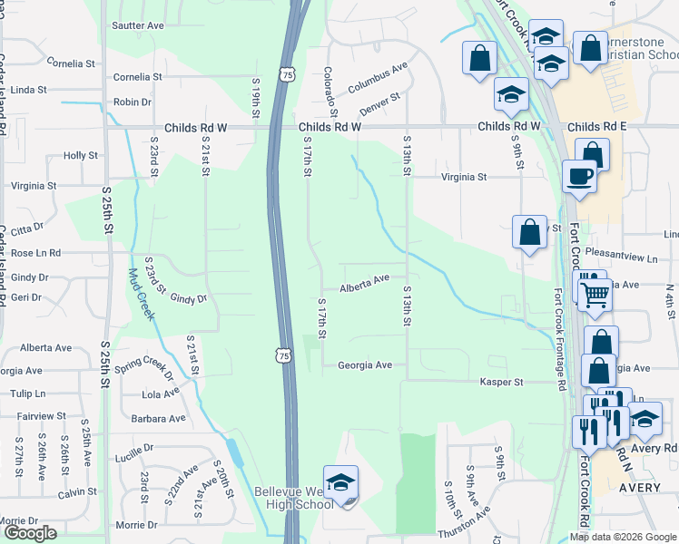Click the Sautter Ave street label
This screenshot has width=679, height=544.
pos(138,25)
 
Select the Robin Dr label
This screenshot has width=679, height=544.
pos(133,102)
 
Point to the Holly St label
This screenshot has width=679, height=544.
pos(81,156)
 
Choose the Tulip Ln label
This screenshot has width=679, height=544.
pos(26,393)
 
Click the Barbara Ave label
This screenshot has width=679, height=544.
pos(158,419)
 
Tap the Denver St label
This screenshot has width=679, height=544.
pos(379,104)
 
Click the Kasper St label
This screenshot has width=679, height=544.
pos(502,383)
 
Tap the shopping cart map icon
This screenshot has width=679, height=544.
pos(595,294)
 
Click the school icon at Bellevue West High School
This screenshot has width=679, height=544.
pos(340,482)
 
